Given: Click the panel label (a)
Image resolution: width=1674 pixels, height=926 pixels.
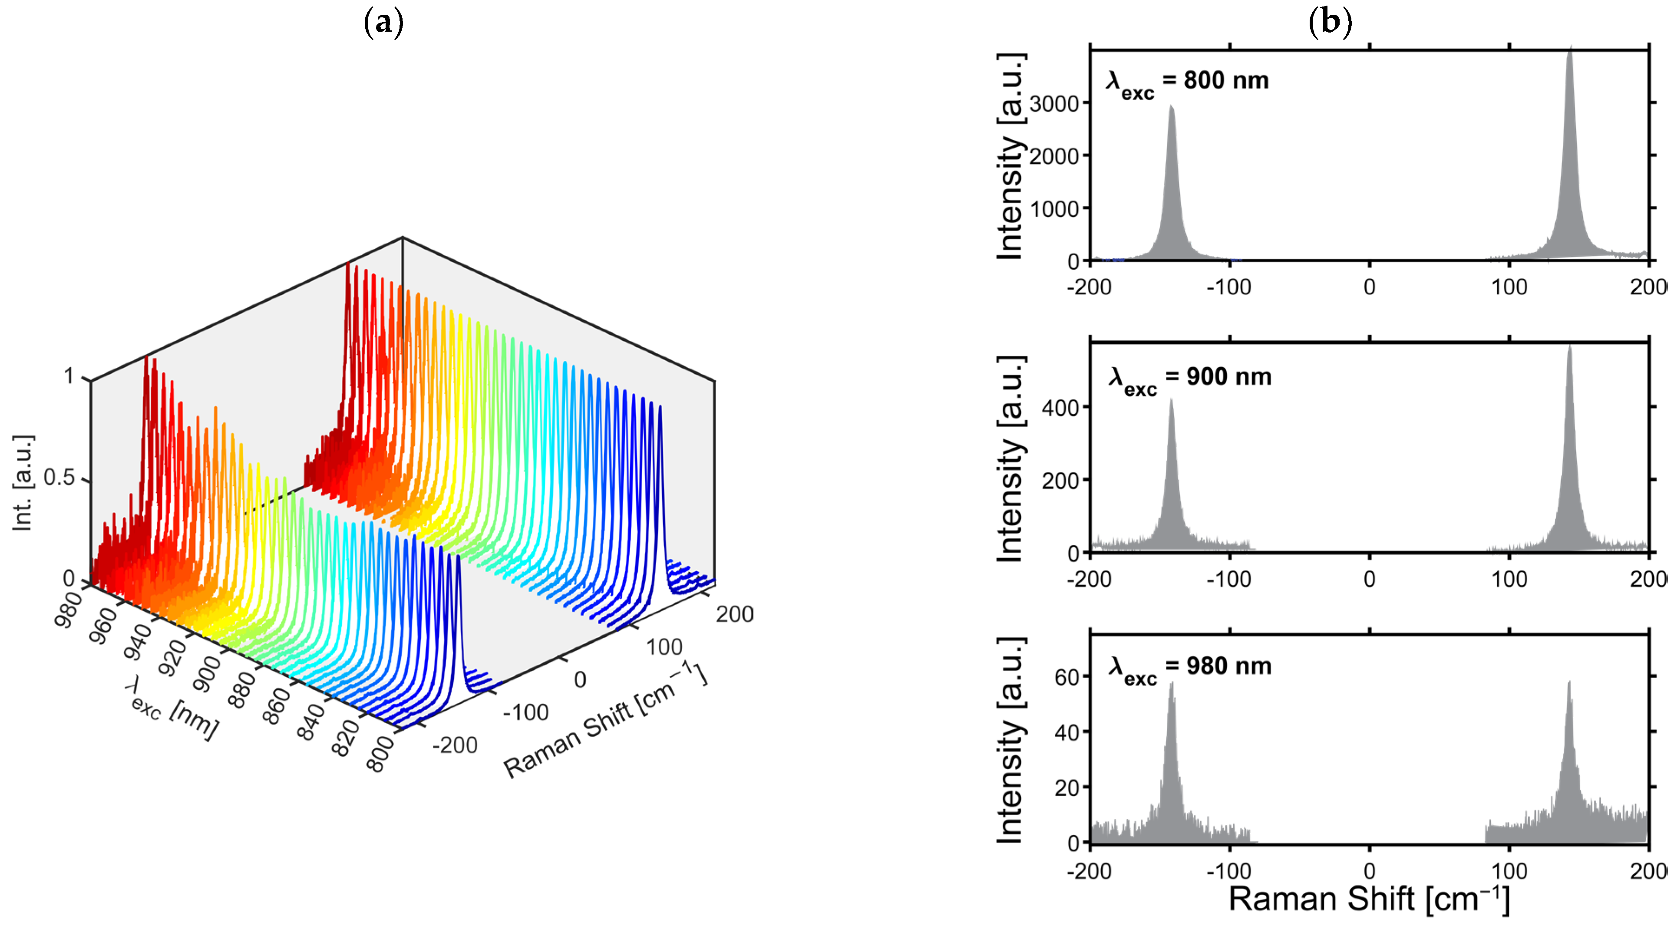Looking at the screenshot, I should click(383, 23).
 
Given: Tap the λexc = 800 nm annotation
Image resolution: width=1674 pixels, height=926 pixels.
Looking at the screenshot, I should click(1187, 82).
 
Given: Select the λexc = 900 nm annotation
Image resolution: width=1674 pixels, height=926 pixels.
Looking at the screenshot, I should click(1189, 379).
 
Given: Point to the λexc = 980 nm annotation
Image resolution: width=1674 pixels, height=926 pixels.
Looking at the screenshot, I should click(1189, 668).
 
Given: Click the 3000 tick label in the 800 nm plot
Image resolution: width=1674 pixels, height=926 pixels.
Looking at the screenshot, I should click(1054, 104).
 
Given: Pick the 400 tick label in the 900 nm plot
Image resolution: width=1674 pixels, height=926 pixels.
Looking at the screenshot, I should click(1060, 408).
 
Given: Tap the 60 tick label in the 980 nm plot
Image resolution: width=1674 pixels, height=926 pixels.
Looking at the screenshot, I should click(1066, 678).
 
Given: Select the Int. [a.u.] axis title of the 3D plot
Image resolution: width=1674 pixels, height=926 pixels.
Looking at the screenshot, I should click(23, 483).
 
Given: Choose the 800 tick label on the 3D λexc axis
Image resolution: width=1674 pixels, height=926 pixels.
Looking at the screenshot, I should click(381, 754).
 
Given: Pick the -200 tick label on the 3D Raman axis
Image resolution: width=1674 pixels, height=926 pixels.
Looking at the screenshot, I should click(455, 745).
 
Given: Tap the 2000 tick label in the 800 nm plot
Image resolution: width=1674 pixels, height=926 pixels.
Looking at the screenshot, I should click(1054, 157).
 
